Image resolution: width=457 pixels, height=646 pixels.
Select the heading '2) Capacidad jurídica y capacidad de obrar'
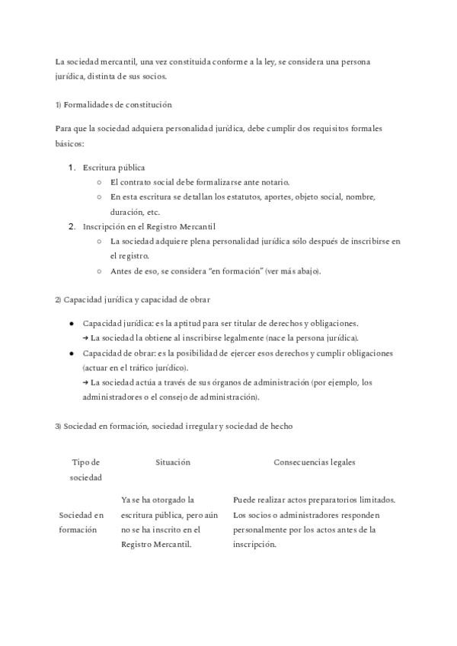point(133,299)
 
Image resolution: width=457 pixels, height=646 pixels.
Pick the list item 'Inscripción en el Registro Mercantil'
point(149,226)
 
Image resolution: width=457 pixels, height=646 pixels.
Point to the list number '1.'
point(72,167)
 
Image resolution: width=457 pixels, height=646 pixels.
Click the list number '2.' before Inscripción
point(72,226)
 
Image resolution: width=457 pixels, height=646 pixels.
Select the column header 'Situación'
point(172,462)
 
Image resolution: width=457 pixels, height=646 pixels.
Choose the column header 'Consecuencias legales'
point(314,462)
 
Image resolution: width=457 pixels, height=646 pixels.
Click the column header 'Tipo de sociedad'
point(85,469)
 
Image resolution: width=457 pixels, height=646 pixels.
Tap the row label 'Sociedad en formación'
point(81,522)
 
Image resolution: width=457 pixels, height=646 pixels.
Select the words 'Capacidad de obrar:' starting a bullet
point(118,353)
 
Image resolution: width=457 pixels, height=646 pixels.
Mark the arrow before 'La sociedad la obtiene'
point(85,337)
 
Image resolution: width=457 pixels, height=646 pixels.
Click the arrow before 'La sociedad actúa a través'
point(85,382)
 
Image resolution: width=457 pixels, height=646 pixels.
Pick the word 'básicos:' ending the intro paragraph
point(70,143)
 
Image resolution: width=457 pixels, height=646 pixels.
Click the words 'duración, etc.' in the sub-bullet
point(135,212)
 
